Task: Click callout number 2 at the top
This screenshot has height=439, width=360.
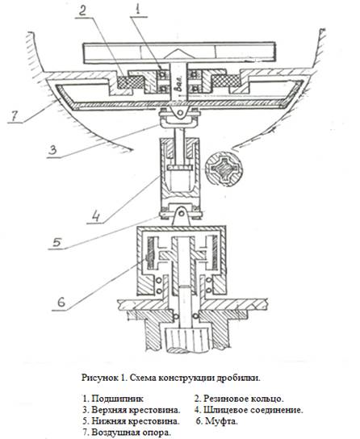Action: [x=82, y=10]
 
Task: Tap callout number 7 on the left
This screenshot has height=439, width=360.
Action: [x=14, y=116]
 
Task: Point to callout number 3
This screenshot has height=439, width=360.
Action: [x=52, y=150]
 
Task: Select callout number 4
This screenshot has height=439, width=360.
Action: [x=95, y=215]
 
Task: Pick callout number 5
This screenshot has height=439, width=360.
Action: [x=57, y=242]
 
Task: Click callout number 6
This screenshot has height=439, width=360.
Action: [x=61, y=303]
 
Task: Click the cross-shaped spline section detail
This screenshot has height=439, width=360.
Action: [x=223, y=169]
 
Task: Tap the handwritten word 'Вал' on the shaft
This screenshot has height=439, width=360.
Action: [x=179, y=82]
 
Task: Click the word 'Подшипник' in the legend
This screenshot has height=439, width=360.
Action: [x=117, y=399]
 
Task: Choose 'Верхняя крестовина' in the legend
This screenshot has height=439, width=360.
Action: [x=135, y=410]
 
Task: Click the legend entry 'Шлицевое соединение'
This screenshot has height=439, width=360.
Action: [x=252, y=410]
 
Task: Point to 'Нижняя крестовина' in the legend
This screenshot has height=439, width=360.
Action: [x=135, y=421]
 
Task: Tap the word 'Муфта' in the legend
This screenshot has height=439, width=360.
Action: [x=220, y=421]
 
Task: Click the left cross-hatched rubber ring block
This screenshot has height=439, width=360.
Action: [x=131, y=82]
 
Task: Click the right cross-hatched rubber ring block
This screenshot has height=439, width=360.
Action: [x=226, y=82]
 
